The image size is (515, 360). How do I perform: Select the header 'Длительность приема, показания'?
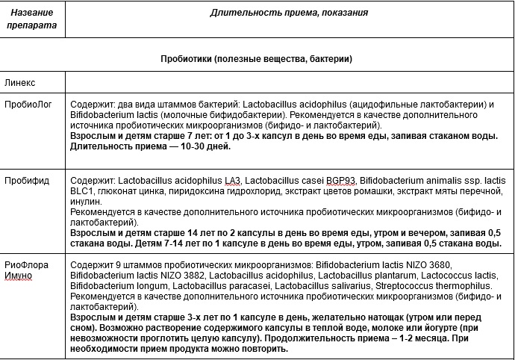[288, 13]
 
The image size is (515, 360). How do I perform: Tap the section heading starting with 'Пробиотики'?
[256, 58]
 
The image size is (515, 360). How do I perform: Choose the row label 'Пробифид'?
[25, 181]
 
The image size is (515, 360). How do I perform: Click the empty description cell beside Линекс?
[289, 81]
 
